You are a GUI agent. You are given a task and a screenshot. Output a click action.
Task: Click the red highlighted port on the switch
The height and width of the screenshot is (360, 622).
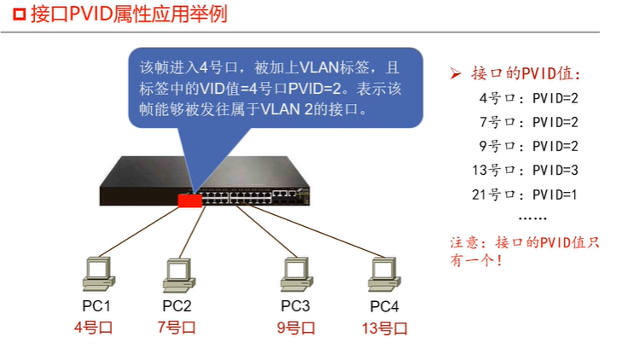point(189,200)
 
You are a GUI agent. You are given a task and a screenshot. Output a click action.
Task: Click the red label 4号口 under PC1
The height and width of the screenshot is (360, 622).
point(94,327)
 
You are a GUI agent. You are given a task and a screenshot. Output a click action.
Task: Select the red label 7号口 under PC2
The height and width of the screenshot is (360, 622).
point(177,327)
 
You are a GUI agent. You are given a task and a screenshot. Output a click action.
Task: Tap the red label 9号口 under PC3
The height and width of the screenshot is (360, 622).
point(295,328)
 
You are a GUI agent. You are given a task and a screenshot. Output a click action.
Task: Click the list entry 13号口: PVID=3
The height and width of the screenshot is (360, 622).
point(525,170)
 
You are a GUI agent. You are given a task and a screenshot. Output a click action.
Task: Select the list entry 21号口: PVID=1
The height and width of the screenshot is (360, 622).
point(525,194)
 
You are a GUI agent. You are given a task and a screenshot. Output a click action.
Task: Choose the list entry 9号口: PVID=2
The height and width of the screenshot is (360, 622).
point(528,146)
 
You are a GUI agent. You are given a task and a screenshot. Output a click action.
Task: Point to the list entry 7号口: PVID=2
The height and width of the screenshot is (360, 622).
point(528,122)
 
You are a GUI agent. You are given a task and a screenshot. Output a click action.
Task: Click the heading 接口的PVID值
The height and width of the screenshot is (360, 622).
point(525,73)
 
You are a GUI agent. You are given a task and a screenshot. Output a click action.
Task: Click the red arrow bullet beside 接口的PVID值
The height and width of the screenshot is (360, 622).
point(456,73)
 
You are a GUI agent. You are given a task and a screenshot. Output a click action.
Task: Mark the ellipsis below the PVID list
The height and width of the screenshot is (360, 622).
point(533,217)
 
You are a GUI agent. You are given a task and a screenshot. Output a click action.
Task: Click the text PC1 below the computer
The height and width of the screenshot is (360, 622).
point(95,306)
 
